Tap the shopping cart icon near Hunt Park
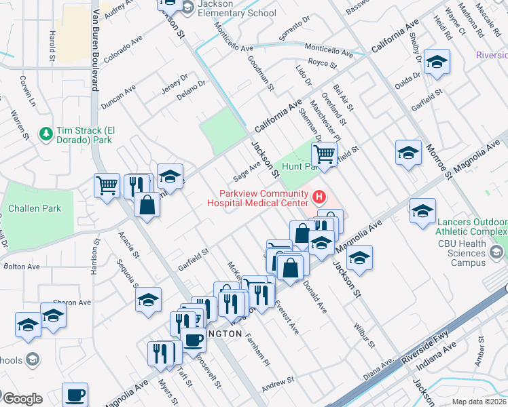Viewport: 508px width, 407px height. point(325,154)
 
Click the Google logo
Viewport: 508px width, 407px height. point(22,399)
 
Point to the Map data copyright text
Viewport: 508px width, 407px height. point(479,402)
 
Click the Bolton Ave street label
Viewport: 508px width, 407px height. point(19,267)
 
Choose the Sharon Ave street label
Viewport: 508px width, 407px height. point(72,302)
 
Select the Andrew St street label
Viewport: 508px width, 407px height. point(277,384)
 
